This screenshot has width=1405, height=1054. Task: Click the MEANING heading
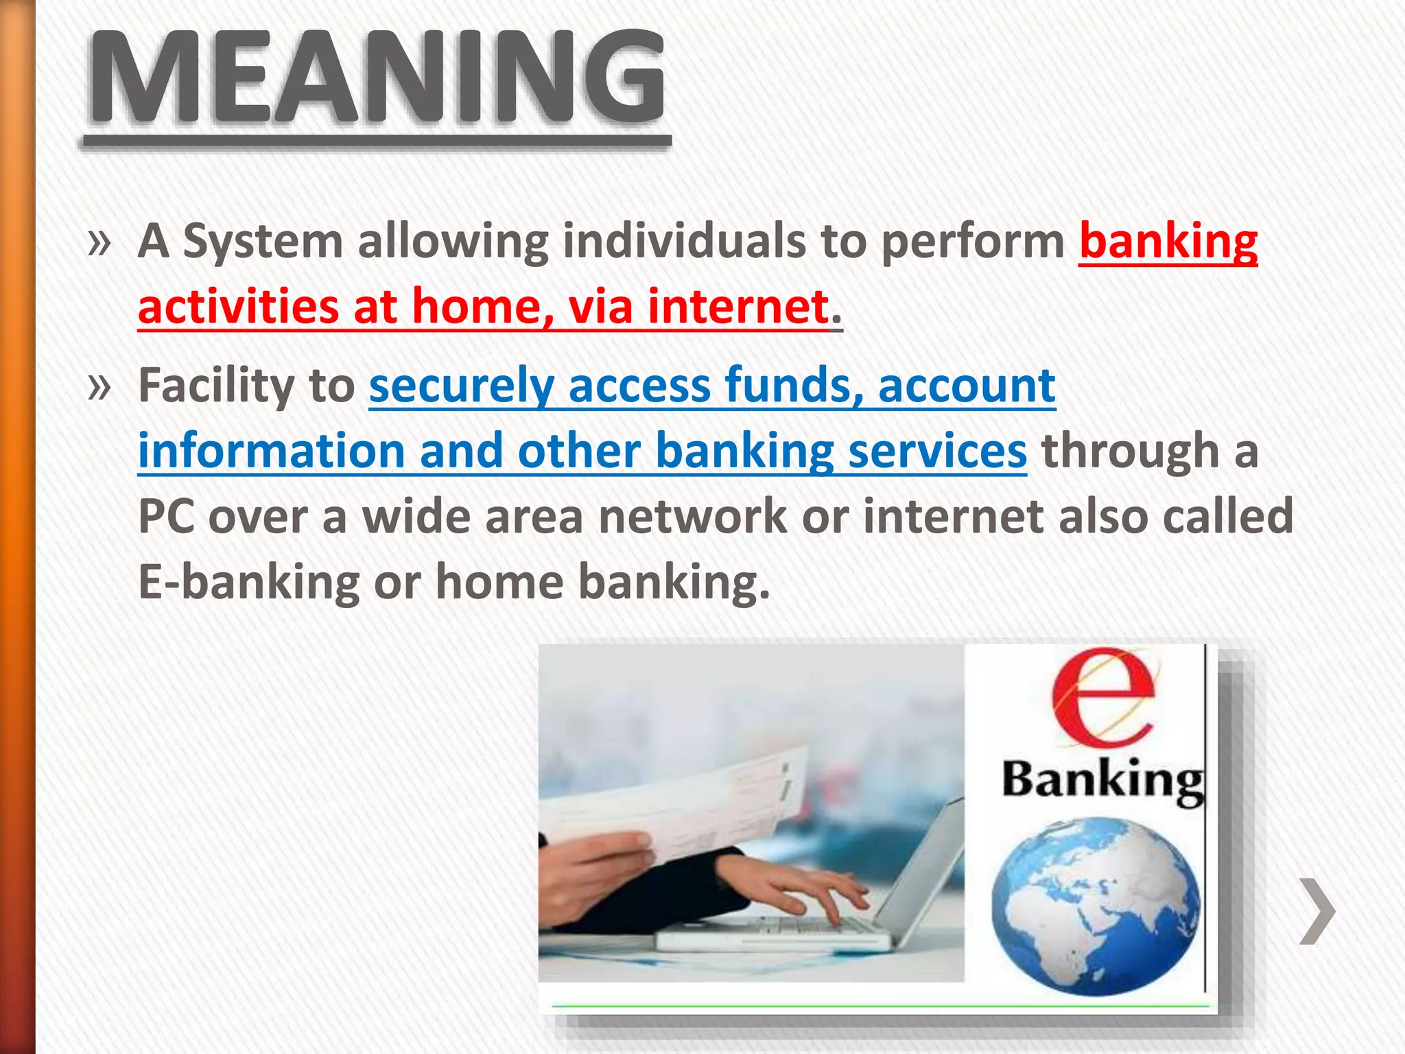pyautogui.click(x=376, y=79)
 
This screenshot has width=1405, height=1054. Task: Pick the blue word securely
pyautogui.click(x=461, y=386)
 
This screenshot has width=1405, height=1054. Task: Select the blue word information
pyautogui.click(x=272, y=452)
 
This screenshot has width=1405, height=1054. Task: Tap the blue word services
pyautogui.click(x=937, y=452)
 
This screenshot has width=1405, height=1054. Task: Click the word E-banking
pyautogui.click(x=248, y=582)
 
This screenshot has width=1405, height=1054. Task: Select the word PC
pyautogui.click(x=165, y=516)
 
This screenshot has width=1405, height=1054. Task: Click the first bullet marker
pyautogui.click(x=99, y=243)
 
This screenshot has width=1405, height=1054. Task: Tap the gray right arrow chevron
pyautogui.click(x=1317, y=911)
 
